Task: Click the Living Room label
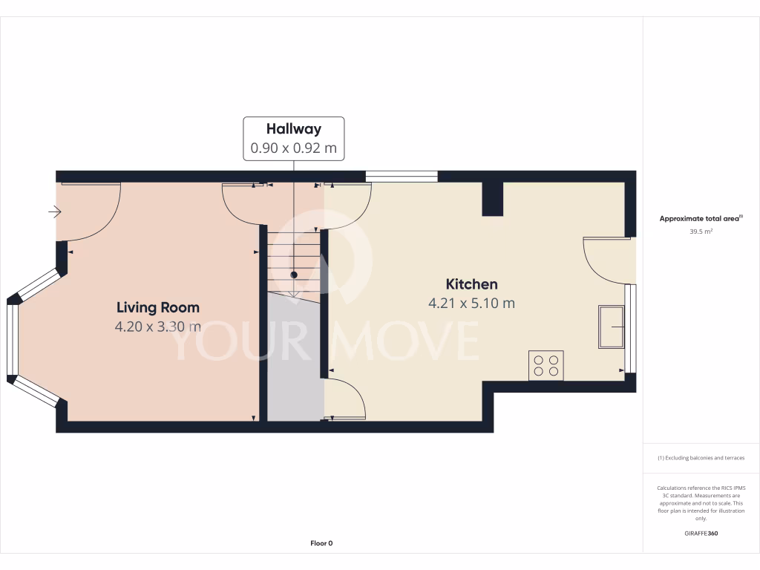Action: pyautogui.click(x=158, y=307)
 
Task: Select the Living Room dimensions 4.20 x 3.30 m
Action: pyautogui.click(x=158, y=327)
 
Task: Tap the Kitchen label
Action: pyautogui.click(x=471, y=284)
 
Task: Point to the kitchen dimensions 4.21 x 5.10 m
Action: pyautogui.click(x=471, y=303)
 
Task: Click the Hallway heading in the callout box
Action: pyautogui.click(x=294, y=129)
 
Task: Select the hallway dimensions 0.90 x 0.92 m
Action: pyautogui.click(x=294, y=148)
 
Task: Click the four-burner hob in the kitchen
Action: pyautogui.click(x=546, y=365)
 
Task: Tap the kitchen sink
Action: pyautogui.click(x=611, y=327)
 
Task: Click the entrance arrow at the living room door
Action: pyautogui.click(x=55, y=212)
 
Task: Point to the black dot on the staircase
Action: pyautogui.click(x=294, y=275)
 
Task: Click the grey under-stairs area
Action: pyautogui.click(x=295, y=356)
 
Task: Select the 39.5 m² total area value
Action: pyautogui.click(x=701, y=232)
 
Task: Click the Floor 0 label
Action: pyautogui.click(x=321, y=543)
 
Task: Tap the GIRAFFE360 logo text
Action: pyautogui.click(x=701, y=533)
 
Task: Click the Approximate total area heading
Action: pyautogui.click(x=701, y=218)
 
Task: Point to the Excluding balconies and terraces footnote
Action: pyautogui.click(x=701, y=458)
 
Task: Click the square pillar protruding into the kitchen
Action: pyautogui.click(x=493, y=198)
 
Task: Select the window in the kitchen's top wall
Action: pyautogui.click(x=402, y=177)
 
